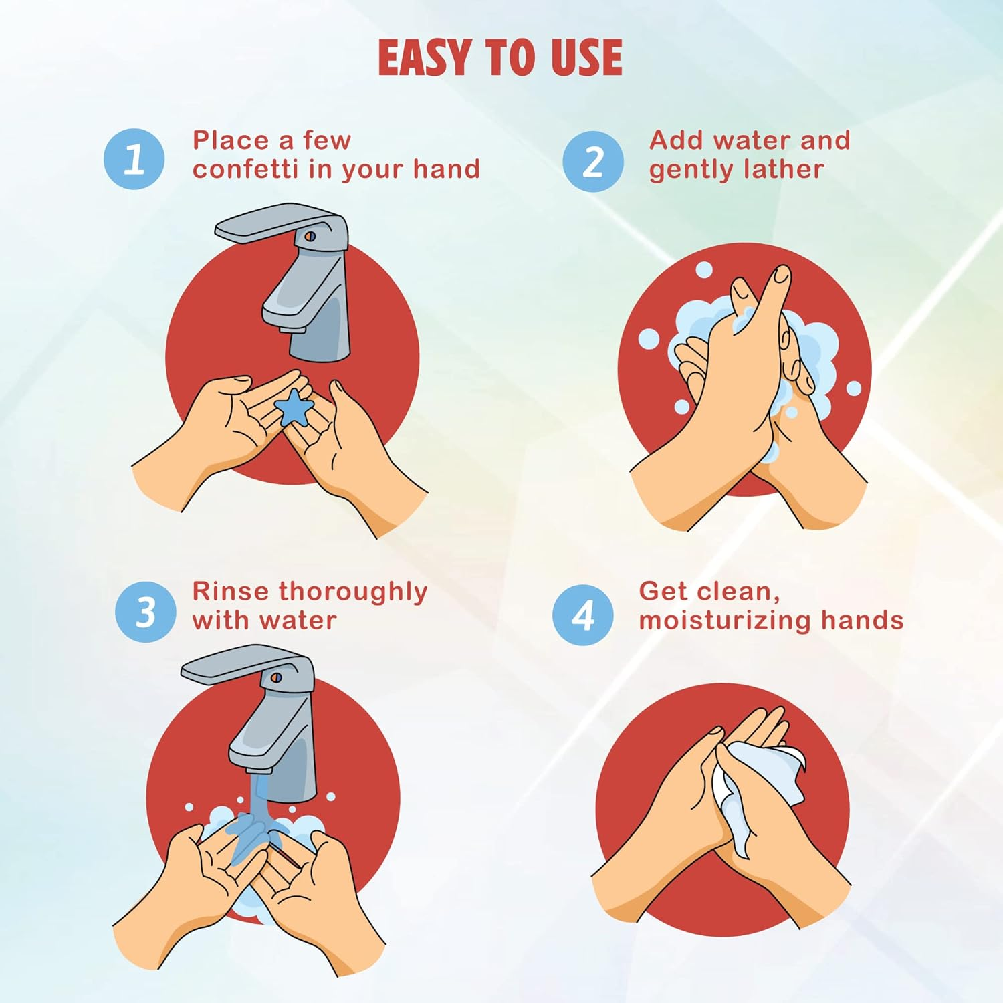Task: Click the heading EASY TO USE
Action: [500, 58]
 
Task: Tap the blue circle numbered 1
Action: [134, 159]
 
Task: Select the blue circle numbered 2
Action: [593, 161]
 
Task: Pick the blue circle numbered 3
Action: [146, 611]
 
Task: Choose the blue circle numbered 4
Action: [583, 615]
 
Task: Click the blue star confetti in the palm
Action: [293, 407]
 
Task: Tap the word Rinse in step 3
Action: [231, 591]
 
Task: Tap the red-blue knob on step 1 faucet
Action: [310, 236]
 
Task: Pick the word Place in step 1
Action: [231, 140]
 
